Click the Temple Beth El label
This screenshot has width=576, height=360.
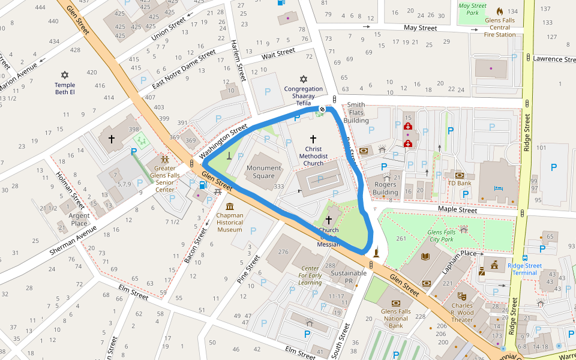65,89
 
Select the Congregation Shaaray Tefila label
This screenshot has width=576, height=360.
303,96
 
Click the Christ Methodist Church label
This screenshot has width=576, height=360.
313,156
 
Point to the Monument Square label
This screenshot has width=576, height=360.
263,172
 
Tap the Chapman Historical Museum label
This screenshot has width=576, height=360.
230,222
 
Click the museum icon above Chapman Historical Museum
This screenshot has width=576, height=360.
230,206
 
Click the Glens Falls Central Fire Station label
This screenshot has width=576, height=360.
500,27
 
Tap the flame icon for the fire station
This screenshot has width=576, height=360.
500,11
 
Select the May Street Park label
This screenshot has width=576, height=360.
472,9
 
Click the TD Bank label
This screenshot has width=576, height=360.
460,184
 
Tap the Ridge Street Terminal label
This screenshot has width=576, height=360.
524,269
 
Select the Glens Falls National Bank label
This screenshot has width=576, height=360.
395,319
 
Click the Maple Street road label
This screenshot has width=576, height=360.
457,210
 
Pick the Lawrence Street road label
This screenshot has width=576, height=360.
554,59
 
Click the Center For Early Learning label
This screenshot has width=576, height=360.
310,275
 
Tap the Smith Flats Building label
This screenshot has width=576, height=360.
356,113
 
